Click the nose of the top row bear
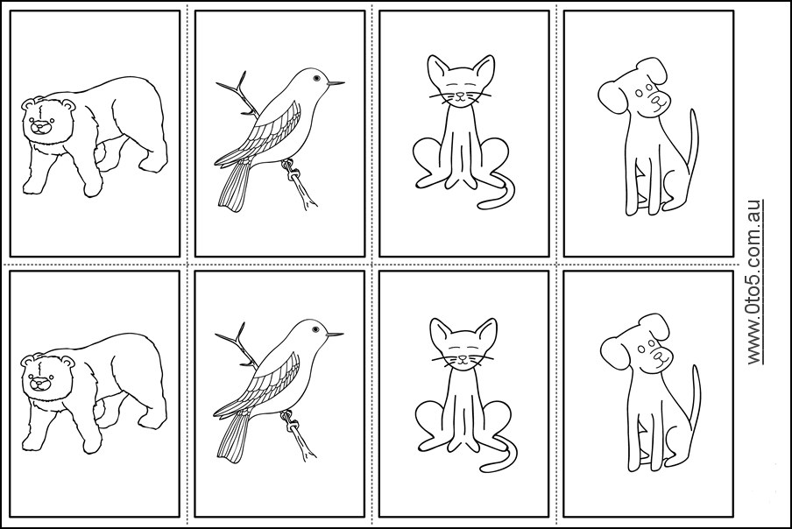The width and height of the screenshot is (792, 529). click(x=38, y=128)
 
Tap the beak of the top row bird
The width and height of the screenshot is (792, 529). click(x=336, y=83)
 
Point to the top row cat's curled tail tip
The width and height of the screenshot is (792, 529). click(x=481, y=206)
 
